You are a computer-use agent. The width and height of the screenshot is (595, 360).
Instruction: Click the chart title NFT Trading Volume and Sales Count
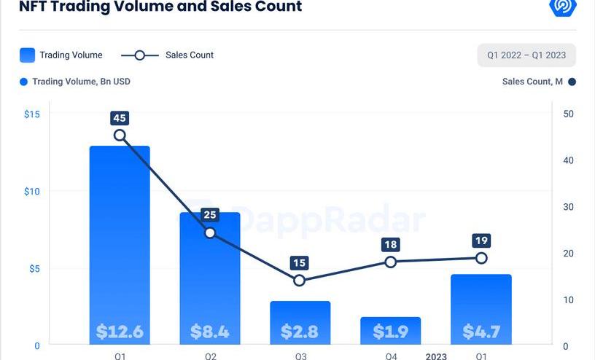coord(160,7)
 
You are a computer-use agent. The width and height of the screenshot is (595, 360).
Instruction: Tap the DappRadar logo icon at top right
coord(563,7)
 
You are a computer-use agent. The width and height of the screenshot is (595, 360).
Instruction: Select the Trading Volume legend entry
coord(61,55)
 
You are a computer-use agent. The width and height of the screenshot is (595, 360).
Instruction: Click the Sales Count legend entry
coord(167,55)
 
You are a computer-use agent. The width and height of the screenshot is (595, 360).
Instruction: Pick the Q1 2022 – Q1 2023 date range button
coord(526,55)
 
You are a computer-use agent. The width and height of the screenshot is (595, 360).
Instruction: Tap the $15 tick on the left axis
coord(32,114)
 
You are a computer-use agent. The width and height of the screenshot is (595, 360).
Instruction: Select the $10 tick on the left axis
coord(32,192)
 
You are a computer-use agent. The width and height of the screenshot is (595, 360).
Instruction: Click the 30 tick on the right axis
coord(569,207)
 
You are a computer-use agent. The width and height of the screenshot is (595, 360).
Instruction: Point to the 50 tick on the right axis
coord(569,114)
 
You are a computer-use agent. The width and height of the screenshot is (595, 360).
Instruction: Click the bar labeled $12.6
coord(120,240)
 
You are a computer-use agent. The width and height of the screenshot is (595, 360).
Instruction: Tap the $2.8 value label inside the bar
coord(300,332)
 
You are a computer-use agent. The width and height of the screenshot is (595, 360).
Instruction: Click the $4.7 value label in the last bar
coord(481,332)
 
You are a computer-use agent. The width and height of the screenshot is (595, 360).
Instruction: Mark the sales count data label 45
coord(120,118)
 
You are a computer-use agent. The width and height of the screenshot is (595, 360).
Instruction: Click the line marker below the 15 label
coord(300,281)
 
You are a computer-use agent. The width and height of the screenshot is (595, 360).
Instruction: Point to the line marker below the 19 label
coord(481,258)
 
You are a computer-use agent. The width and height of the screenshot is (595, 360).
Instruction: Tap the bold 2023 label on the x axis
coord(436,356)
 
